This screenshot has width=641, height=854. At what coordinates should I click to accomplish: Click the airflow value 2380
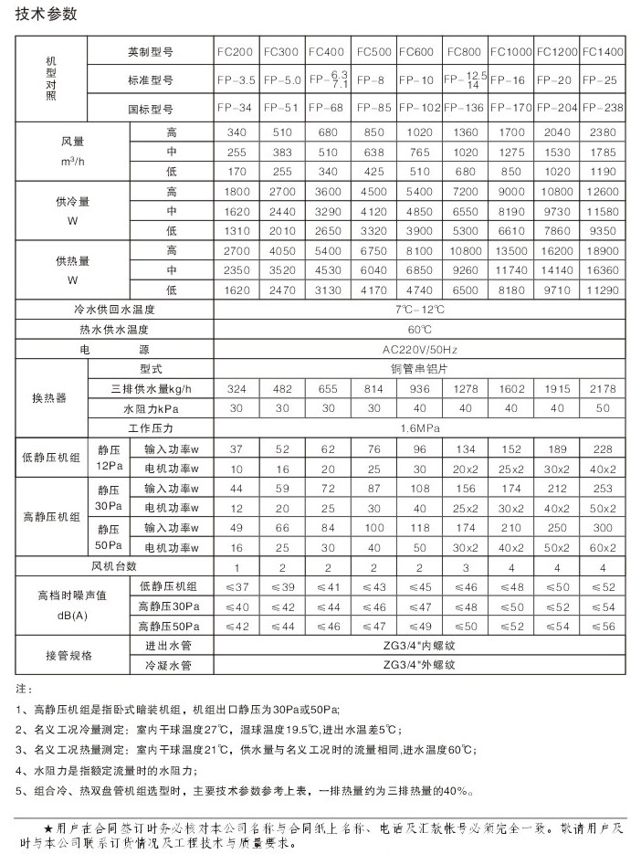click(603, 134)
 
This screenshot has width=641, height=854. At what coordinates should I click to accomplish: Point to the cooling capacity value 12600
click(603, 193)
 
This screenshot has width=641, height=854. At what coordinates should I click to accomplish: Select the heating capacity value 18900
click(603, 250)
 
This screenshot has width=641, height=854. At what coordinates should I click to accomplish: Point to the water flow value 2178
click(603, 389)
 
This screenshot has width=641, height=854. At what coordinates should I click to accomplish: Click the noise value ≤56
click(603, 627)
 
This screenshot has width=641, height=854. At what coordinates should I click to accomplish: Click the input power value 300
click(603, 528)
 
